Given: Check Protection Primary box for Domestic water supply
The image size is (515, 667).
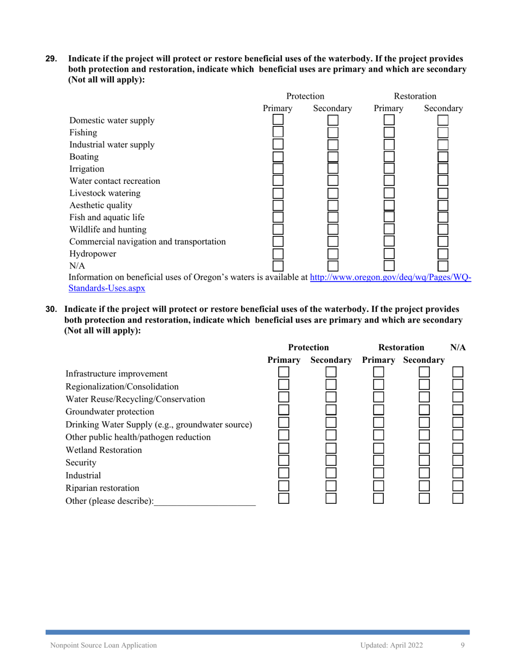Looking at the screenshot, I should (x=278, y=120).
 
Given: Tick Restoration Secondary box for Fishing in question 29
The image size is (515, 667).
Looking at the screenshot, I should (x=443, y=132).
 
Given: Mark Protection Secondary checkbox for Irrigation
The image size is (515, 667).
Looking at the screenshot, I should (x=332, y=169).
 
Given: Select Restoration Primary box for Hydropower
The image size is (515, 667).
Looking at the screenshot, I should (x=389, y=253).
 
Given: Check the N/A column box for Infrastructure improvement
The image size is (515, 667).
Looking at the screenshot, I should (x=458, y=372).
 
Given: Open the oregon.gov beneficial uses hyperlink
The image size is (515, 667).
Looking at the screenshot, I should (x=389, y=278).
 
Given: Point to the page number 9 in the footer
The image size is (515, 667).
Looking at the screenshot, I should (x=462, y=645).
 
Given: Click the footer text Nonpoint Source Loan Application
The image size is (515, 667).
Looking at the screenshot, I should (x=104, y=645).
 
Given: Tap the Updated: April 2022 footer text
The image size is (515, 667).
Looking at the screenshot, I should (x=391, y=645).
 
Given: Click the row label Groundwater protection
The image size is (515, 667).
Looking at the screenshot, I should (x=110, y=411).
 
